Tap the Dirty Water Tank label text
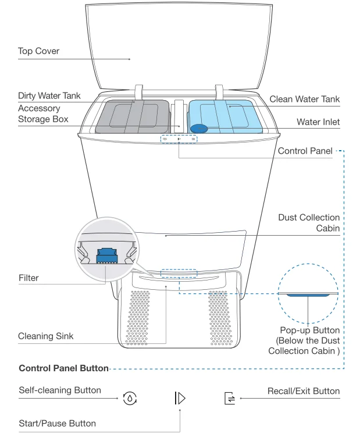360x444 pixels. click(x=49, y=95)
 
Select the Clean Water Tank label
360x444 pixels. click(x=304, y=100)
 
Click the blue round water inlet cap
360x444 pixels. click(x=200, y=129)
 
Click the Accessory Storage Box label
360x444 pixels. click(x=43, y=114)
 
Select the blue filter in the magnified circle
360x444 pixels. click(x=106, y=254)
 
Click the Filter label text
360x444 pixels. click(x=28, y=278)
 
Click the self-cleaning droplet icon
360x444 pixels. click(x=129, y=399)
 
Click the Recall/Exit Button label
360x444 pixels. click(x=304, y=390)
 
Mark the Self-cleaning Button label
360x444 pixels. click(x=60, y=390)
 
